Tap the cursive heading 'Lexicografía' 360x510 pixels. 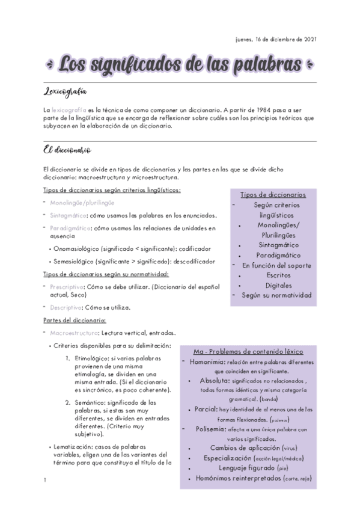[x=66, y=92]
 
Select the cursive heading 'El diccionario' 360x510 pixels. [x=67, y=149]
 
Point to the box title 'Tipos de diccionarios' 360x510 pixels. [x=273, y=195]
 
